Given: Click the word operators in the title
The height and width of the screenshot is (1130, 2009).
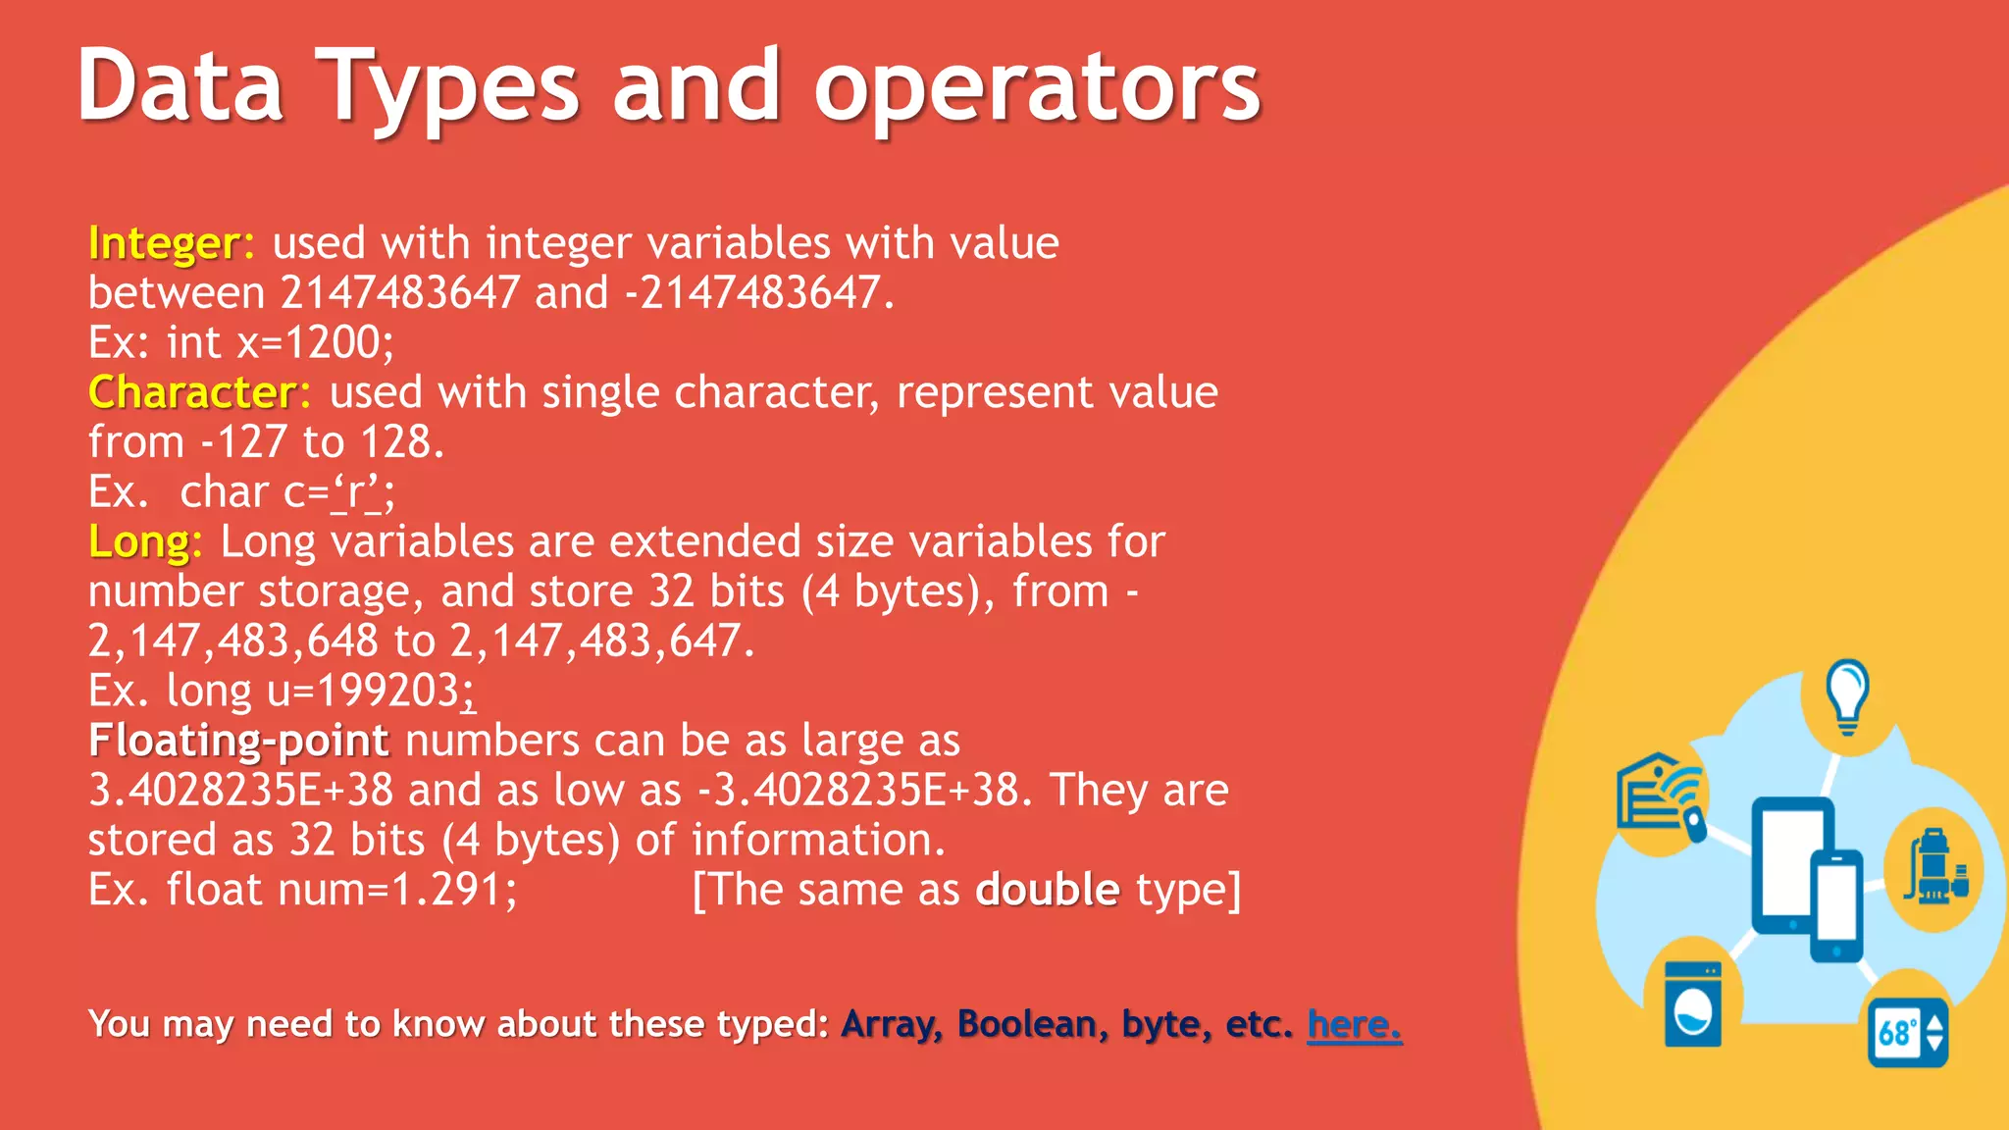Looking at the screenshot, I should pos(1037,88).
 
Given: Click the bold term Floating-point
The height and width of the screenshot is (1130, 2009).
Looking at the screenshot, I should pos(238,741).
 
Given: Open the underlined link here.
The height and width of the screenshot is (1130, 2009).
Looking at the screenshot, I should pos(1354,1024).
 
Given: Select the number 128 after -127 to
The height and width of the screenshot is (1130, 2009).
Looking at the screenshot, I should pos(396,442).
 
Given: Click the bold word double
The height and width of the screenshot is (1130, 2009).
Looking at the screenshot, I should pos(1048,890).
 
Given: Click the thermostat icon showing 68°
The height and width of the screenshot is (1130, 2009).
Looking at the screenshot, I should pos(1907,1032).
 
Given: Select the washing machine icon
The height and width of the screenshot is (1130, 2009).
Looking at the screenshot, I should pos(1693,1004).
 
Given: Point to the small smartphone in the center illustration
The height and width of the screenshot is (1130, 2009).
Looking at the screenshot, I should pos(1835,904).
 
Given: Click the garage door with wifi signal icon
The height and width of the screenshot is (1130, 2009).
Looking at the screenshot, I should pos(1660,795).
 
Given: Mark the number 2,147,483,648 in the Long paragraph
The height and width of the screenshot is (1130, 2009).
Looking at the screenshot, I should pos(233,642).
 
